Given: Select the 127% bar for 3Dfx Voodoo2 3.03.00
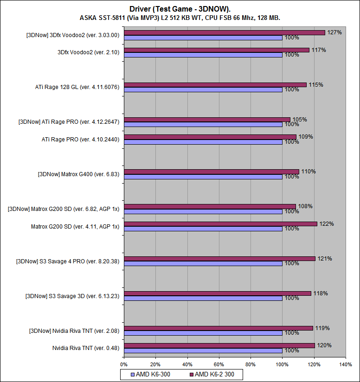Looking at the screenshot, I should tap(225, 33).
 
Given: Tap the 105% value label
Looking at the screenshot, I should tap(300, 120).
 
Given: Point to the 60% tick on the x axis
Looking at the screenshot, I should tap(219, 364).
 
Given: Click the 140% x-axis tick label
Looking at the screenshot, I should tap(346, 364).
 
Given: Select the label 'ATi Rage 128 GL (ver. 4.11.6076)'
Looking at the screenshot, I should tap(77, 87).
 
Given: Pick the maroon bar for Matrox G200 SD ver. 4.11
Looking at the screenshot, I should tap(220, 224).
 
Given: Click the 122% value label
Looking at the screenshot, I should tap(327, 224).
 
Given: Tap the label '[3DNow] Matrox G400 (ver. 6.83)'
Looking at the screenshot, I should tap(78, 174).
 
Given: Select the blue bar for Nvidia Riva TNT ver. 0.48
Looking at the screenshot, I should tap(203, 350).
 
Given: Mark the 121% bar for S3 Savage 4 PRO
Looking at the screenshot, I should tap(219, 259).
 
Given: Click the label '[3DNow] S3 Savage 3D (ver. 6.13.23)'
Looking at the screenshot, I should tap(72, 296).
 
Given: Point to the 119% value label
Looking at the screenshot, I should tap(322, 328).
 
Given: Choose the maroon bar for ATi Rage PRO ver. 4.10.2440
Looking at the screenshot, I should tap(210, 137).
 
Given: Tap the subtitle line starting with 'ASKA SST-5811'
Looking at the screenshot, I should tap(180, 18).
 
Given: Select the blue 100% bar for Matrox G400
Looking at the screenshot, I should tap(203, 177).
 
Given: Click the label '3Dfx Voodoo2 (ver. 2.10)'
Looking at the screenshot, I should tap(88, 52).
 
